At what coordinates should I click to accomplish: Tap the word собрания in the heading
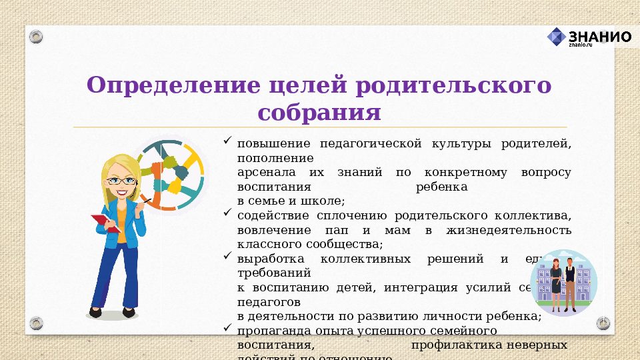[x=319, y=111]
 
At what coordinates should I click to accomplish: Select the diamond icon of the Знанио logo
[x=557, y=37]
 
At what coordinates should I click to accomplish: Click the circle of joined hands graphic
[x=171, y=175]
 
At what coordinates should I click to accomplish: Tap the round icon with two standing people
[x=563, y=283]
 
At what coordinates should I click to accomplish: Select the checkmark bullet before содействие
[x=227, y=213]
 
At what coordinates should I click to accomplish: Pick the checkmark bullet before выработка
[x=227, y=256]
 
